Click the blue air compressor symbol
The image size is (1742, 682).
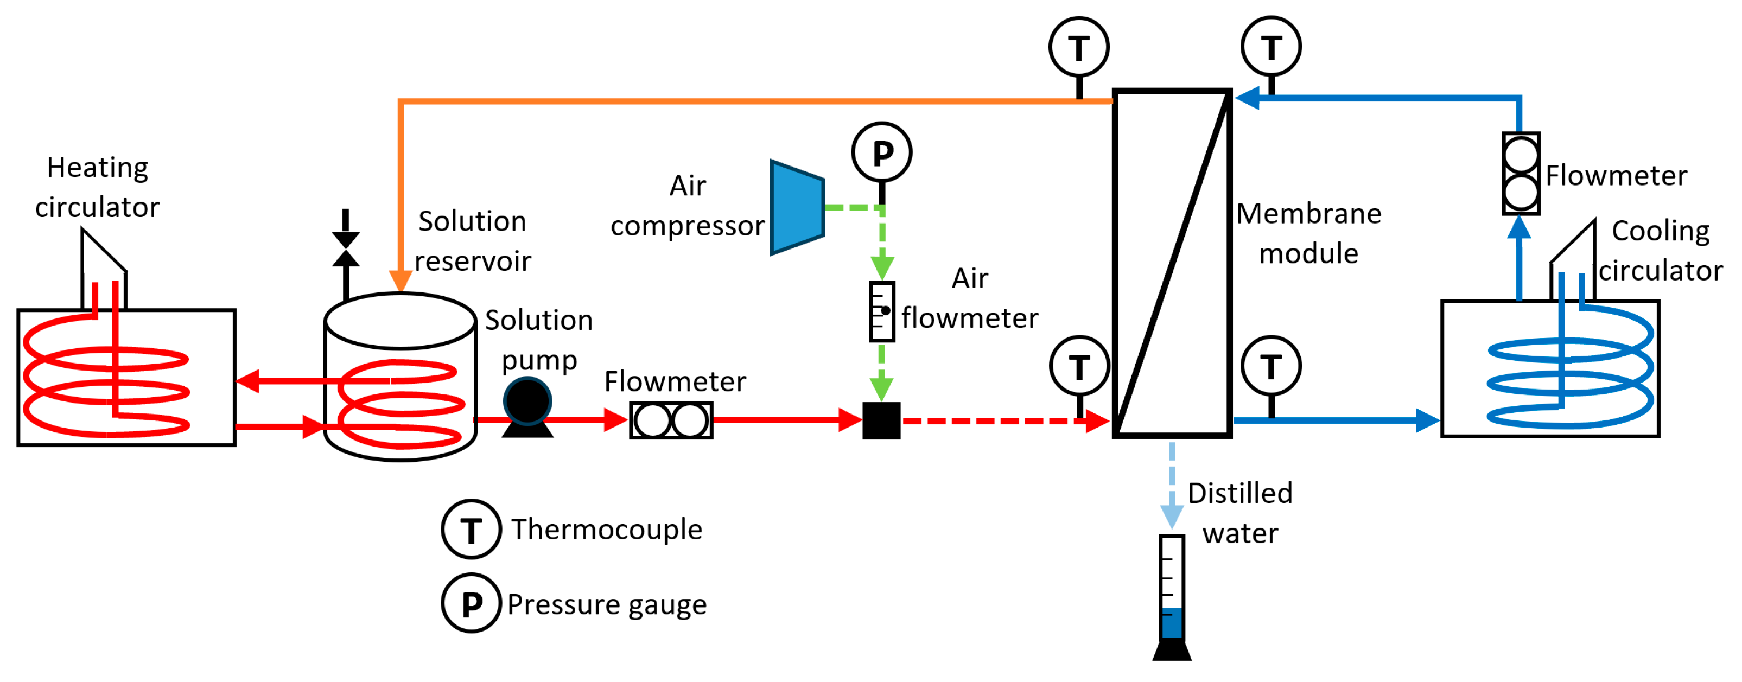point(797,207)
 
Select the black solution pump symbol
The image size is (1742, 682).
point(527,404)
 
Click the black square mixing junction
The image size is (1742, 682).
point(881,420)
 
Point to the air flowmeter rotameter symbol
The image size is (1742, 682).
point(882,311)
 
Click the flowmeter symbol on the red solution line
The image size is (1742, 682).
point(671,420)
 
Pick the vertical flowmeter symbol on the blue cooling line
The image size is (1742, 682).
point(1521,174)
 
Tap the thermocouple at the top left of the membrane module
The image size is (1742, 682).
point(1079,47)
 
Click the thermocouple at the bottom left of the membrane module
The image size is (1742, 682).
point(1079,366)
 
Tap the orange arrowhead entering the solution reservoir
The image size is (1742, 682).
point(400,281)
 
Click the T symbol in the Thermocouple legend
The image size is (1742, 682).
point(472,529)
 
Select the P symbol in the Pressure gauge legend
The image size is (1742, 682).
point(472,603)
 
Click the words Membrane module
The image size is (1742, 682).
point(1308,233)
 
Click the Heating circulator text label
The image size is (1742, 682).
point(97,187)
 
